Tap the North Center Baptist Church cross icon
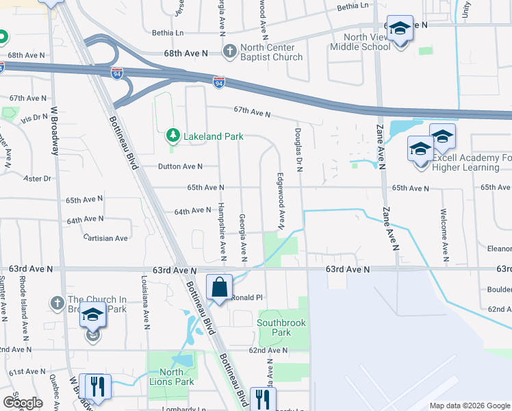click(x=229, y=51)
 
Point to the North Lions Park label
click(x=172, y=377)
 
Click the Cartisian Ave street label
click(x=105, y=238)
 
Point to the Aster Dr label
click(x=38, y=178)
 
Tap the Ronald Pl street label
click(x=246, y=298)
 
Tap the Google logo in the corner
click(x=23, y=403)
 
